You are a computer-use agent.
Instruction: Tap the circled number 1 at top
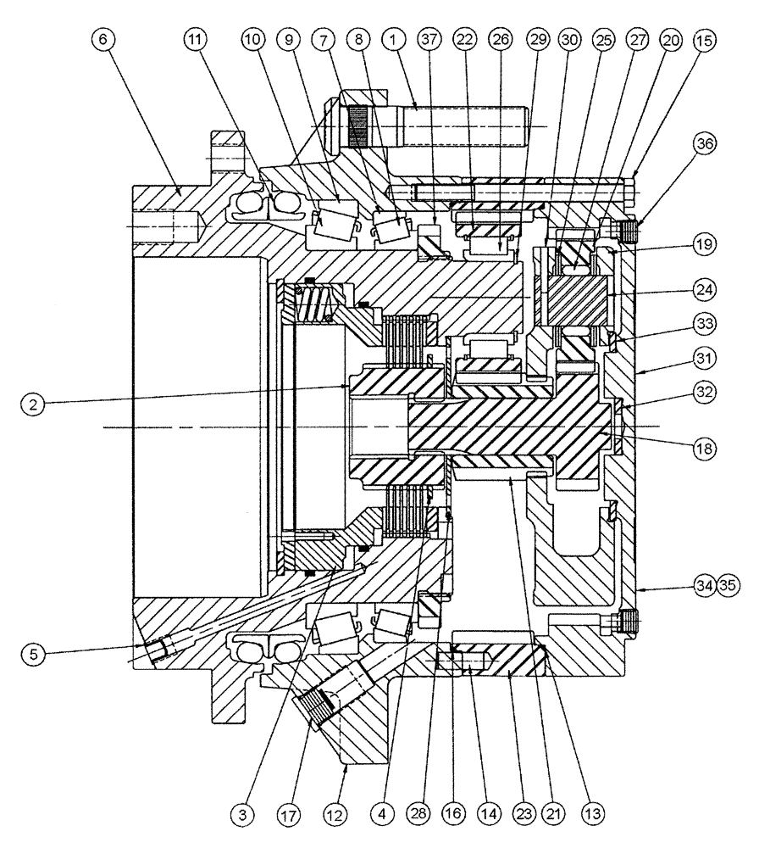(392, 41)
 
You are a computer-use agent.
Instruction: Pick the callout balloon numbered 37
(429, 41)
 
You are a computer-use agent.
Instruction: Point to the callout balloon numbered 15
(705, 41)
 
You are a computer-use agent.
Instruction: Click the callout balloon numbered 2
(33, 406)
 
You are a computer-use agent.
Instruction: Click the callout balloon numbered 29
(535, 41)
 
